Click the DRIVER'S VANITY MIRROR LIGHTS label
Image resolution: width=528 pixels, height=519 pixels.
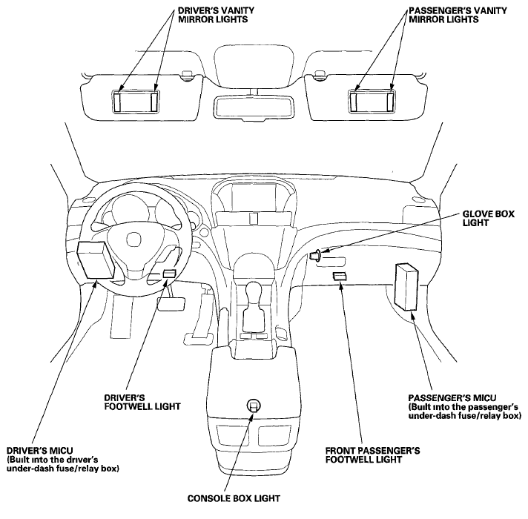click(216, 15)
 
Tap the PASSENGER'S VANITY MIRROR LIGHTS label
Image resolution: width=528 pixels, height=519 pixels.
click(458, 15)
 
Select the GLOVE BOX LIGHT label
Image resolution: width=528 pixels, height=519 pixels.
click(488, 219)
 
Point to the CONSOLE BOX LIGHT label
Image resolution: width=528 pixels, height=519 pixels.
click(234, 498)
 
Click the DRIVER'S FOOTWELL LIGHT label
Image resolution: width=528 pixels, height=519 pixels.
click(142, 402)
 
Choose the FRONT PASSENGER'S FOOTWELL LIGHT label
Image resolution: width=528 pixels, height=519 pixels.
click(372, 455)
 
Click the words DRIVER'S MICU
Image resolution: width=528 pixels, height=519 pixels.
click(40, 450)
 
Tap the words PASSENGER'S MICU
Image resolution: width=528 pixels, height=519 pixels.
click(452, 398)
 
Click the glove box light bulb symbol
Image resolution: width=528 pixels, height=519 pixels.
click(315, 255)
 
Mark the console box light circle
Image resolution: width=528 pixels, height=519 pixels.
click(254, 406)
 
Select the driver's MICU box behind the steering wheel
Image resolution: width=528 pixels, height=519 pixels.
click(96, 259)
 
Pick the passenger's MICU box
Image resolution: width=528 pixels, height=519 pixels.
click(406, 287)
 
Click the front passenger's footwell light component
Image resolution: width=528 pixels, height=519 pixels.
click(340, 276)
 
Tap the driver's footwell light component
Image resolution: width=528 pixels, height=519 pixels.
click(169, 274)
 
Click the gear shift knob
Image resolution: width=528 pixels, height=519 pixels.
click(255, 292)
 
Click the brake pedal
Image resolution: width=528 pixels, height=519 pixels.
click(171, 304)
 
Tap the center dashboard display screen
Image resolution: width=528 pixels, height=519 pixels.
click(254, 197)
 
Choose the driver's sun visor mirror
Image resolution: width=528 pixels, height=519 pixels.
click(136, 102)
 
